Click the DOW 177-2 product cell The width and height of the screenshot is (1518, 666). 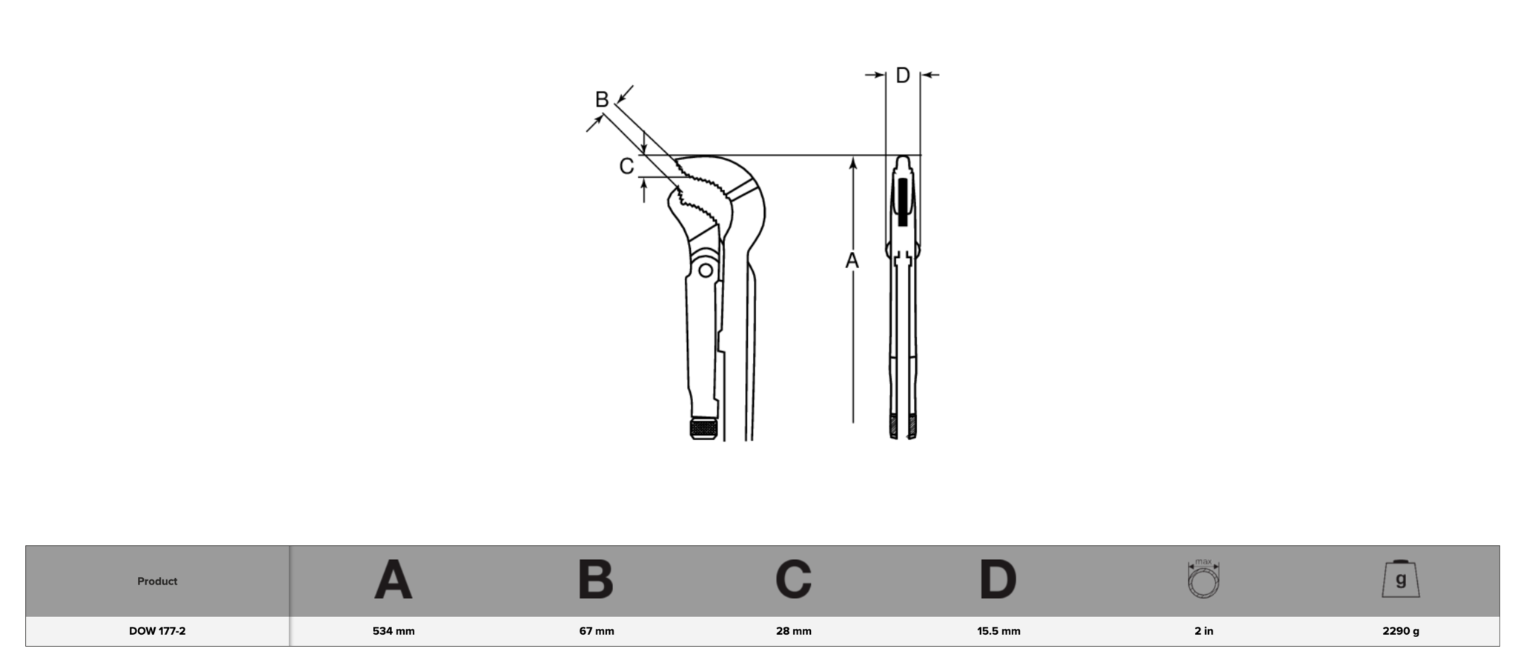pos(157,631)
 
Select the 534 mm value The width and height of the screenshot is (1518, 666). pos(394,631)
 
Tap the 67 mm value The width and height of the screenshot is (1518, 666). pos(597,631)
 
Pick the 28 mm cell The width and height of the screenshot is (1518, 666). pos(794,631)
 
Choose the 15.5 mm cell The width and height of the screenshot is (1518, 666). pos(998,631)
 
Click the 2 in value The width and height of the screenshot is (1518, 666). pos(1204,631)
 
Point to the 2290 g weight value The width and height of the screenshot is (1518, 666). pos(1401,631)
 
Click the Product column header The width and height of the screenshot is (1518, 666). pos(157,582)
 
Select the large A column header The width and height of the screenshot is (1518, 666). pos(393,579)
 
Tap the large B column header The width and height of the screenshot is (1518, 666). pos(596,579)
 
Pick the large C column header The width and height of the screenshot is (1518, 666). pos(794,579)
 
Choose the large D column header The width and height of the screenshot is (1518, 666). pos(998,579)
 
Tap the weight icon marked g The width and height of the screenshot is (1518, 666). pos(1401,579)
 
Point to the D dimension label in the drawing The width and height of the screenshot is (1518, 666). pos(903,75)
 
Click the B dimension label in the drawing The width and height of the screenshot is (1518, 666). pos(602,99)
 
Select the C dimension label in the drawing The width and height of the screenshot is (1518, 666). pos(626,167)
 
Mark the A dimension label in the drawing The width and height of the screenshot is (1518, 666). pos(852,261)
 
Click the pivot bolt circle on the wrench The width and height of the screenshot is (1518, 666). pos(706,270)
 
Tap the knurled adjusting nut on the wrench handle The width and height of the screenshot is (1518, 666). pos(704,428)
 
